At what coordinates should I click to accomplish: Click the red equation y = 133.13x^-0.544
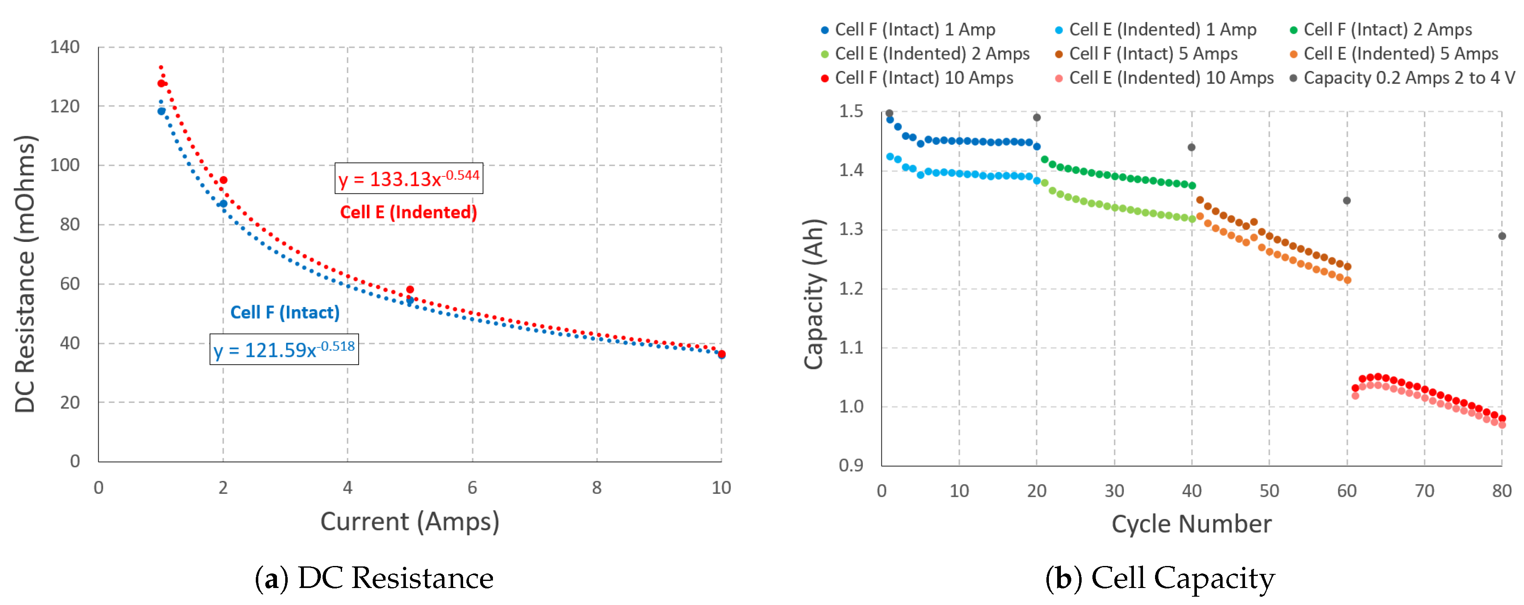[x=409, y=178]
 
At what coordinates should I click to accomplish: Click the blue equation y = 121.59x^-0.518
[x=284, y=349]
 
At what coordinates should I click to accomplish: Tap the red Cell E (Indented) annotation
[x=408, y=212]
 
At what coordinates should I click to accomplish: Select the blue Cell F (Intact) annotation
[x=284, y=312]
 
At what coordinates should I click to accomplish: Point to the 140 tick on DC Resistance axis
[x=65, y=47]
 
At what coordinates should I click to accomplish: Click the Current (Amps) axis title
[x=409, y=522]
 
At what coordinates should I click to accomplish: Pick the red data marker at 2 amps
[x=223, y=180]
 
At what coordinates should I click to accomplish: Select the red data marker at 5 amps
[x=410, y=290]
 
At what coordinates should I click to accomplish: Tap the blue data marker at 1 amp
[x=161, y=111]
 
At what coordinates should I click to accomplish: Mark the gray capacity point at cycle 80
[x=1502, y=236]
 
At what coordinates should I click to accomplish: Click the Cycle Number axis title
[x=1191, y=524]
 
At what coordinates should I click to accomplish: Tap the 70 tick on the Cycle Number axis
[x=1424, y=491]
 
